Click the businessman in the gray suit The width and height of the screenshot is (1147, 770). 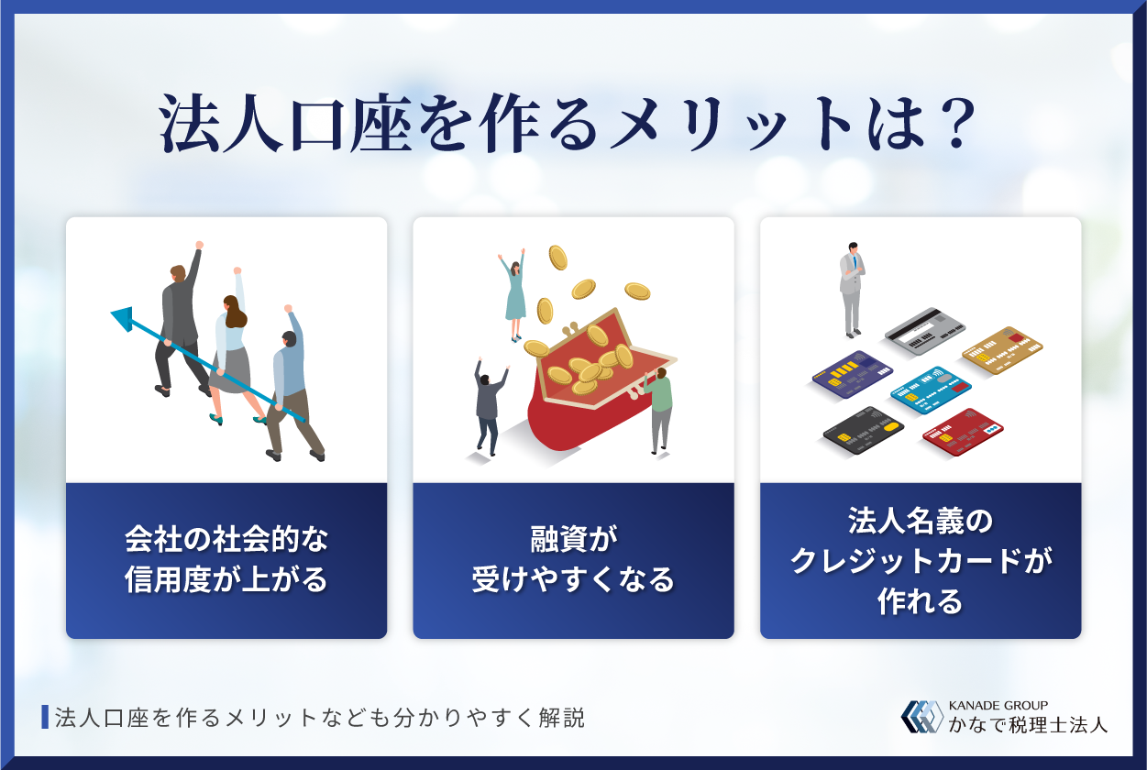pos(852,289)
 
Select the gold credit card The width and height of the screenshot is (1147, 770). pos(1002,350)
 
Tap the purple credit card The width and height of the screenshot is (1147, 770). pos(852,374)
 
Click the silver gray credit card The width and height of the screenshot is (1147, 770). pos(925,332)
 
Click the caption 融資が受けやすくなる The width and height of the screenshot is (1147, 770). pos(573,560)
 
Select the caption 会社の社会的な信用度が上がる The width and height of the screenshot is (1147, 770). pos(226,560)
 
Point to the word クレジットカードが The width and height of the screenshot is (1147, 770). pos(921,561)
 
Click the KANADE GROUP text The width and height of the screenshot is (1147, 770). pos(998,704)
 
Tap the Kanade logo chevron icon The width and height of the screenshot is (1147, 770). pos(921,717)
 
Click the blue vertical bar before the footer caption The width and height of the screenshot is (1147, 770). pos(45,717)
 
